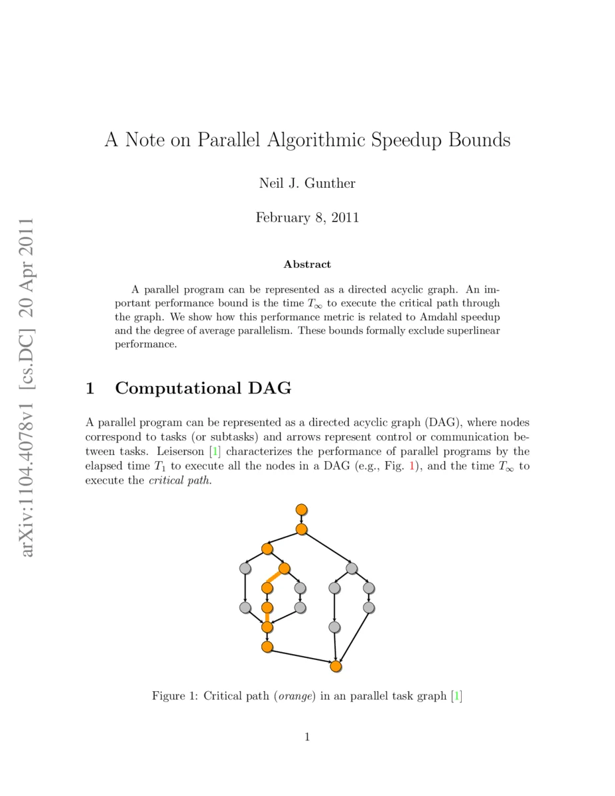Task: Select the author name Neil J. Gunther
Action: (x=307, y=183)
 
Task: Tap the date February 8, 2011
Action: (x=307, y=218)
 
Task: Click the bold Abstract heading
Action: (x=307, y=264)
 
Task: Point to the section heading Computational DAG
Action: (x=203, y=388)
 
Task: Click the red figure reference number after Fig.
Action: (x=412, y=466)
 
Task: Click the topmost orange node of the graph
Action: (x=301, y=509)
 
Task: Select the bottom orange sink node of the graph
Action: (x=336, y=666)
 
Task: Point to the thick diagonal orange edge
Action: (x=276, y=578)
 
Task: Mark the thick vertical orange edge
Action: (x=267, y=617)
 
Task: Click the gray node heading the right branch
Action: (x=352, y=568)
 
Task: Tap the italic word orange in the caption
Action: (x=293, y=696)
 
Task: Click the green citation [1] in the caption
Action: (x=456, y=696)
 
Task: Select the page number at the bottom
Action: (x=307, y=736)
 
